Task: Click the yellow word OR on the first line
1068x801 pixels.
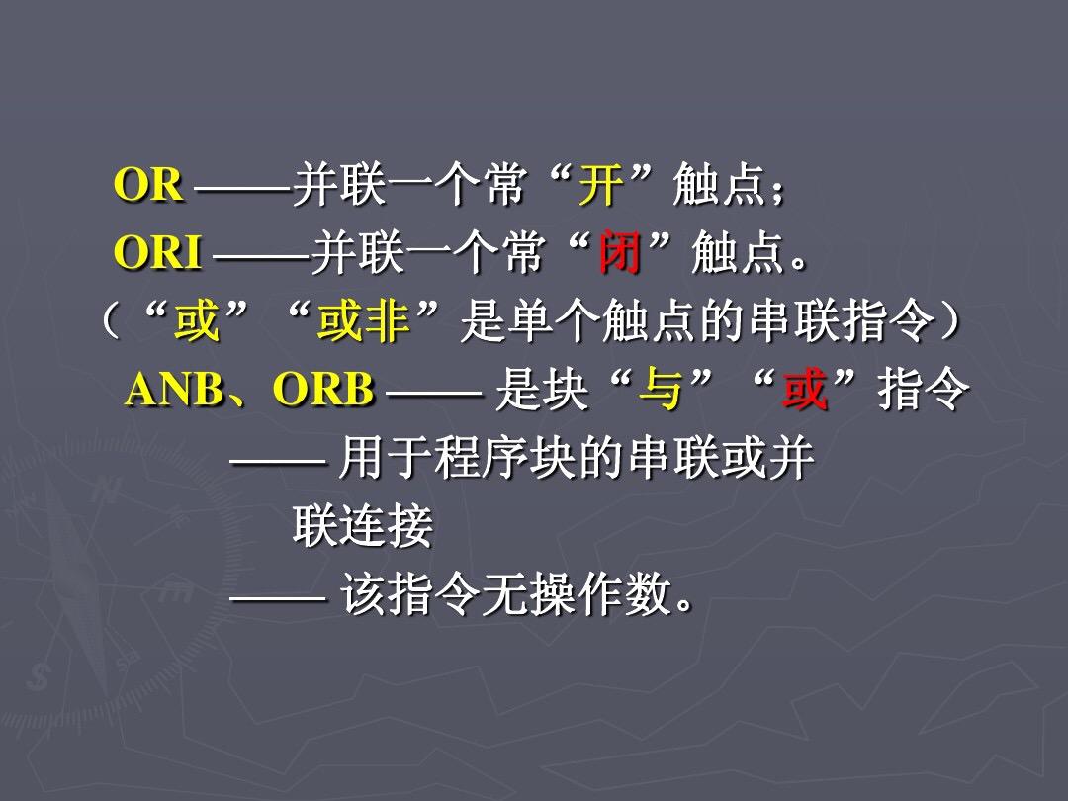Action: tap(148, 185)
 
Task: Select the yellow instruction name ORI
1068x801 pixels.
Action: tap(158, 253)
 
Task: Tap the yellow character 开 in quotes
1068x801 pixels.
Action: tap(601, 185)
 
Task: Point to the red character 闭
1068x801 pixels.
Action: tap(619, 253)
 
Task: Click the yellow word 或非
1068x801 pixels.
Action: tap(364, 320)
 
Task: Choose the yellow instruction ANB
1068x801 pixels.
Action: tap(175, 390)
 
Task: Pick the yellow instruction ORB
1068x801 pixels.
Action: tap(323, 390)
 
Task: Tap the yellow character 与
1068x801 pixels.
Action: tap(660, 390)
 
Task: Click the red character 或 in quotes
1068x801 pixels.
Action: tap(805, 390)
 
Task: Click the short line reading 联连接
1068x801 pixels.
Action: tap(363, 526)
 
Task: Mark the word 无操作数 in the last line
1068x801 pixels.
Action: tap(577, 594)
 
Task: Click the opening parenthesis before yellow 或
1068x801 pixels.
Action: tap(111, 321)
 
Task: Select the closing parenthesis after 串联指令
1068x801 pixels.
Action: tap(951, 321)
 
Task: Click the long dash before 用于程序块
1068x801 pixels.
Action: tap(278, 462)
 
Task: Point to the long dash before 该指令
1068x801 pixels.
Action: tap(278, 598)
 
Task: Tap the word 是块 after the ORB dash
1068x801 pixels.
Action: tap(542, 390)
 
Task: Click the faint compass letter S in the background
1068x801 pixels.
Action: tap(39, 678)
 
